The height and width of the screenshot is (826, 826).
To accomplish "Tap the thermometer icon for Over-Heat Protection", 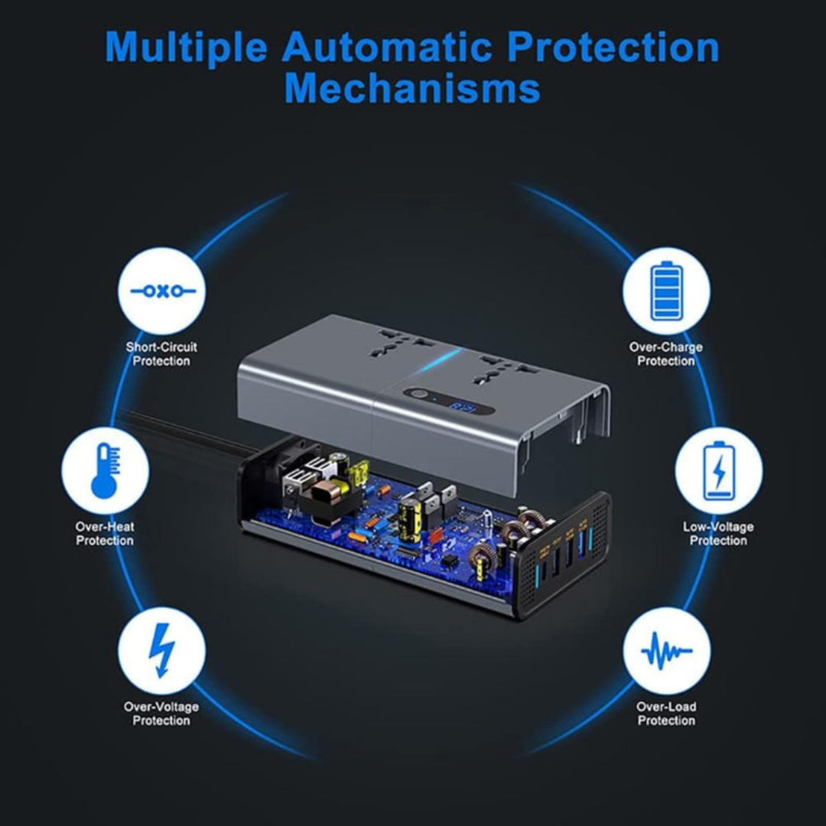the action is (x=106, y=470).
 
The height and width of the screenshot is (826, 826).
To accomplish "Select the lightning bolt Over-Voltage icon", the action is (x=161, y=651).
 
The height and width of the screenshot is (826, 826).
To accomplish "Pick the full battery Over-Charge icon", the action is (x=666, y=291).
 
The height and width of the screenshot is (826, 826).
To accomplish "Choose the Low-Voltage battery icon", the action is (x=718, y=470).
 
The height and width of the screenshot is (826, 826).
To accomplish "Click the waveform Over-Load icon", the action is (x=666, y=651).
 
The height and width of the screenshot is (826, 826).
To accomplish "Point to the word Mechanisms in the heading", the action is (x=412, y=89).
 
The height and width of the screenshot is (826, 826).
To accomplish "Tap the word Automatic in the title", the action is (x=387, y=47).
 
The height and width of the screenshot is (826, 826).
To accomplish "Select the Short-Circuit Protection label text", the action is (x=161, y=354).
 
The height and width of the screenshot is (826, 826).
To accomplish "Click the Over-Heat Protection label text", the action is (x=105, y=534).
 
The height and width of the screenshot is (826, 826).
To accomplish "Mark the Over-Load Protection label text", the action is (x=666, y=714).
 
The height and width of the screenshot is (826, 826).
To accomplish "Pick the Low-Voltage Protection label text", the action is (x=718, y=534).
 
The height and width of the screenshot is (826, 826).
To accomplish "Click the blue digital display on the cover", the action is (x=463, y=408).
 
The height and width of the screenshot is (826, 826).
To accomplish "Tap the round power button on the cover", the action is (x=418, y=395).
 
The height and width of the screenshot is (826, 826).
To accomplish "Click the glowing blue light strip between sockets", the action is (x=441, y=358).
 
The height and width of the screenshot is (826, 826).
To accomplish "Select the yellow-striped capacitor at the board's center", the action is (x=410, y=521).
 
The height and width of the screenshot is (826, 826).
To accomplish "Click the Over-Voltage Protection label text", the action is (x=161, y=714).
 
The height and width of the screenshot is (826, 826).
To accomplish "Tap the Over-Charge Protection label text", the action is (x=666, y=354).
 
